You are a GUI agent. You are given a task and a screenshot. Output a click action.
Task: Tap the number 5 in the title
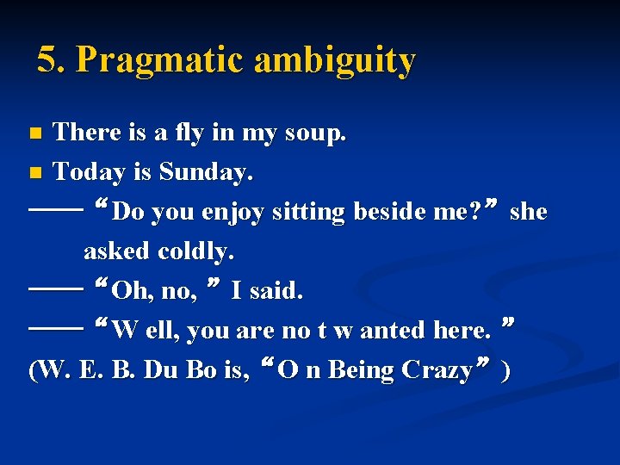(x=48, y=60)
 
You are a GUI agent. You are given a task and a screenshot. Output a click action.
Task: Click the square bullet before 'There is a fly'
(x=34, y=134)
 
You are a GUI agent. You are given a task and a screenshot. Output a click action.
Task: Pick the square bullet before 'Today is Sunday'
(x=34, y=173)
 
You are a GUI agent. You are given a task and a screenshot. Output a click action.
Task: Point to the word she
(x=528, y=212)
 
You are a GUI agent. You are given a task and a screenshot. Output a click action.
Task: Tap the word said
(x=275, y=291)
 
